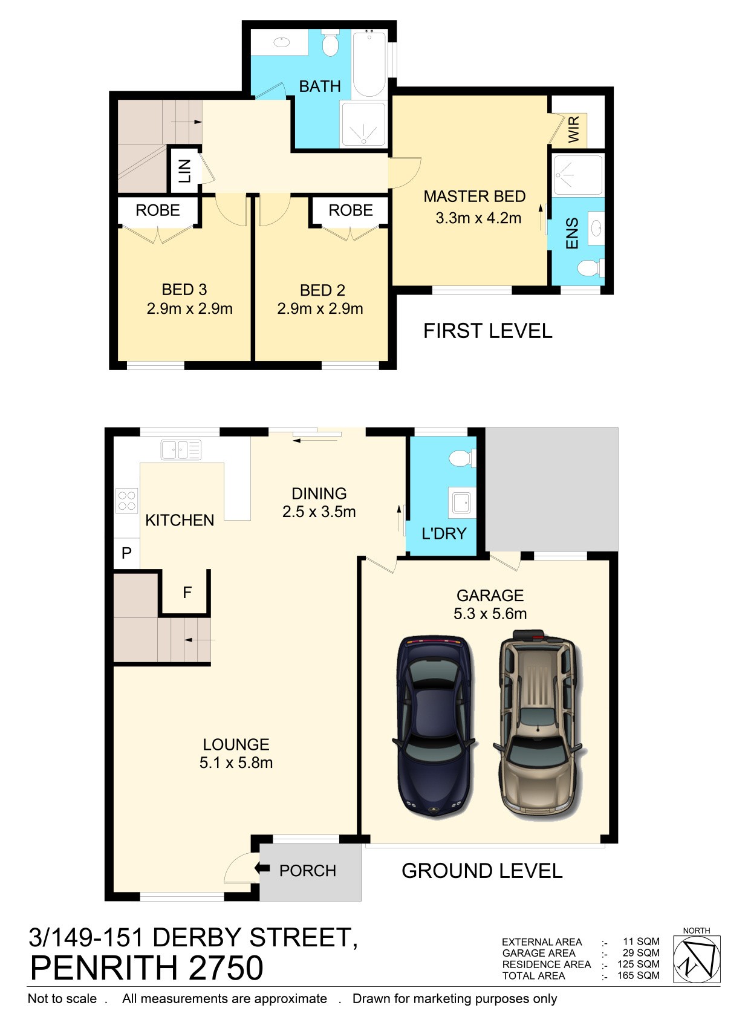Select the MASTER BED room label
point(475,197)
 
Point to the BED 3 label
point(184,290)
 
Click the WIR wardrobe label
point(573,130)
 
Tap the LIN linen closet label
point(184,171)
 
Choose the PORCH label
point(308,871)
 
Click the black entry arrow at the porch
point(262,868)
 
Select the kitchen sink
point(181,450)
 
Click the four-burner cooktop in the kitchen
point(126,501)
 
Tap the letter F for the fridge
point(187,592)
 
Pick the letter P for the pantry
point(126,553)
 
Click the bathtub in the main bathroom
point(369,63)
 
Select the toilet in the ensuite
point(591,268)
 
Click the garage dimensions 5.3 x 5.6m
point(490,614)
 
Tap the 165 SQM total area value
point(639,975)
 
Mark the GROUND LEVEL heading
point(482,871)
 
